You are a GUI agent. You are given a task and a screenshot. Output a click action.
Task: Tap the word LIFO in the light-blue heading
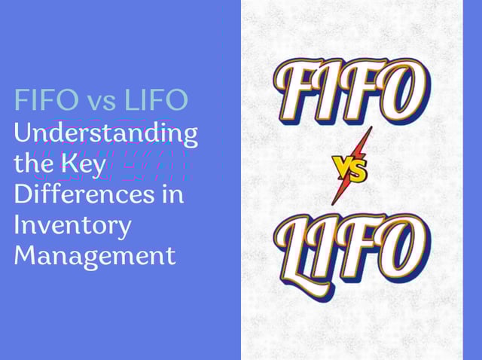click(157, 99)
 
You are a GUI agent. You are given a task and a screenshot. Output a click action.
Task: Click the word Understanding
click(106, 134)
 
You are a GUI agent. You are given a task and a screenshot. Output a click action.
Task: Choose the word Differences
click(84, 194)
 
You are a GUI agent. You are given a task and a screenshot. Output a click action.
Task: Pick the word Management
click(95, 256)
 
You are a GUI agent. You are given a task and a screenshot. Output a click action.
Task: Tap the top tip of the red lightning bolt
click(371, 127)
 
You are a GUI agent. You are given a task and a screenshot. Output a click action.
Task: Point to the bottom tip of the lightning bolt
click(332, 204)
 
